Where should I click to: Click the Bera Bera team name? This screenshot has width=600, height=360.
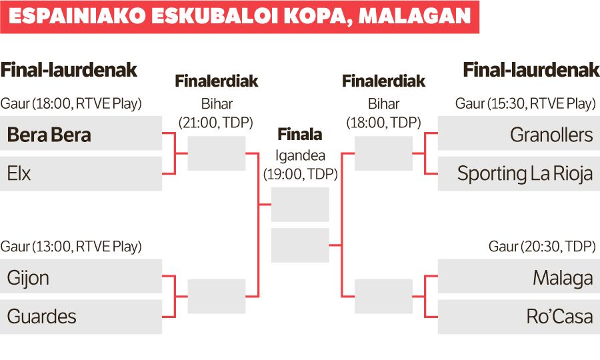pos(49,135)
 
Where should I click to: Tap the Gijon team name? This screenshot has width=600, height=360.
pos(28,277)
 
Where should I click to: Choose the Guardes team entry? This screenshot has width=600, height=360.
pos(42,317)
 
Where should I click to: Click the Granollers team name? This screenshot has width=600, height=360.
pos(551,135)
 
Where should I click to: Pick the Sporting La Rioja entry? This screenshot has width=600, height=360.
pos(525,174)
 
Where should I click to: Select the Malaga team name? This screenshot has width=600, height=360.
pos(563,277)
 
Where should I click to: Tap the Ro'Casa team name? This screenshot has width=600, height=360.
pos(559,317)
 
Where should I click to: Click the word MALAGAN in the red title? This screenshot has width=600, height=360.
pos(415,17)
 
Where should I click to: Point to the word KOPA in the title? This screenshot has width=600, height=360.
pos(313,17)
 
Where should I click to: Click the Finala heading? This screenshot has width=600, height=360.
pos(300,135)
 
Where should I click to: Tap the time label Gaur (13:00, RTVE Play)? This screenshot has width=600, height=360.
pos(71,247)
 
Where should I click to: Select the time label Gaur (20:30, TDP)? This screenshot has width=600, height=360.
pos(541,247)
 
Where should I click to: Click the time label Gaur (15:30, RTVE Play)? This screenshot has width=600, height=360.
pos(525,104)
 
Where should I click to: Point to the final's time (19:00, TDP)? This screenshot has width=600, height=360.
pos(300,175)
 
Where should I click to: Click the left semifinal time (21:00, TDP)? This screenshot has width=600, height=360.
pos(217,123)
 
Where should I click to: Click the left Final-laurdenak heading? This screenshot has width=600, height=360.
pos(69,70)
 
